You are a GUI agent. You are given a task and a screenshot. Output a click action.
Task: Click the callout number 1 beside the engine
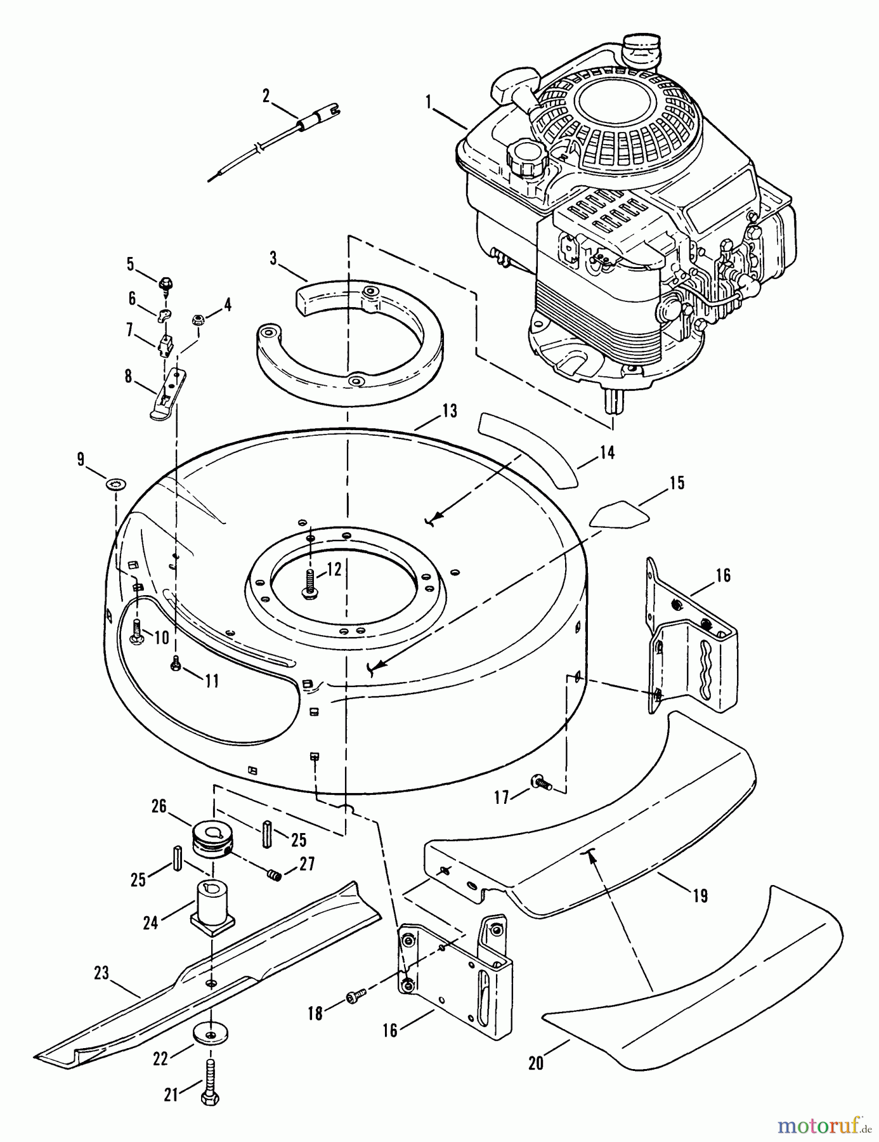click(429, 101)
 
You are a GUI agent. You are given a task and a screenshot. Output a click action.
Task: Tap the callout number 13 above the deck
click(449, 410)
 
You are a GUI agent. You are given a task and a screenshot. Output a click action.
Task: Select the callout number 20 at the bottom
click(536, 1062)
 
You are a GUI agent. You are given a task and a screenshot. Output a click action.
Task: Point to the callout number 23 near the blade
click(101, 973)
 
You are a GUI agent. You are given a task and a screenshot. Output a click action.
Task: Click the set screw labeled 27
click(273, 876)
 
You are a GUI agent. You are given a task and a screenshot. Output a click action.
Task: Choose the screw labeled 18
click(356, 998)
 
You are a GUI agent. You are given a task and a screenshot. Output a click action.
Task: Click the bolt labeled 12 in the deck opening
click(311, 582)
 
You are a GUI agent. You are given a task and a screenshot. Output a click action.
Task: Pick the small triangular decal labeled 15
click(620, 513)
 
